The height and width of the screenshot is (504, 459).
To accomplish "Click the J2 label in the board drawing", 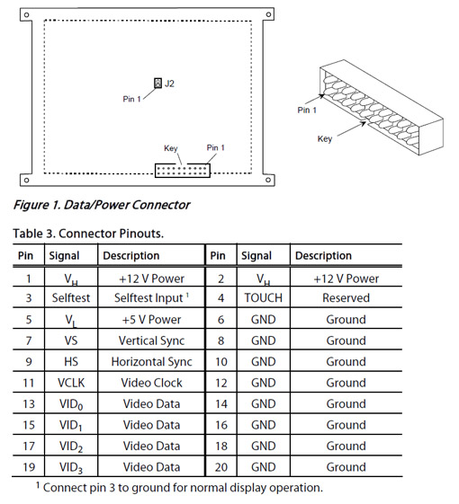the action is [169, 84].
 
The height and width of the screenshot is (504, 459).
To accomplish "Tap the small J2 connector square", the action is [157, 83].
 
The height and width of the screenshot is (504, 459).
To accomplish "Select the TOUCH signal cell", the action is [263, 297].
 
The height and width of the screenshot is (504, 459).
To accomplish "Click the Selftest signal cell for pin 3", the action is [71, 297].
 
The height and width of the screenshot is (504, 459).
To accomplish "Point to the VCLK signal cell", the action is [71, 383].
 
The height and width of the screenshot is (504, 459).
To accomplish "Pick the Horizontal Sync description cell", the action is [151, 362].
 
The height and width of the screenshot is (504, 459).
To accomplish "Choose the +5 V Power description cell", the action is [151, 319].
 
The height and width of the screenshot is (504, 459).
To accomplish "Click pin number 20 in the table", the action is [221, 467].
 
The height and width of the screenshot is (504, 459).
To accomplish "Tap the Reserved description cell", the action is [346, 297].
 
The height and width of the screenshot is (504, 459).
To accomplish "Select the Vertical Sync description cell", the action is [151, 340].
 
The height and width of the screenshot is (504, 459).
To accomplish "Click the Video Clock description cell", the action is [151, 383].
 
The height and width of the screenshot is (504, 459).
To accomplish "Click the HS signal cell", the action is [71, 362].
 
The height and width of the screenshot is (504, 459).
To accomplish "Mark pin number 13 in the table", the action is [29, 403].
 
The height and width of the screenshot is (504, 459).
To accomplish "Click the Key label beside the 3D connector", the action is [325, 139].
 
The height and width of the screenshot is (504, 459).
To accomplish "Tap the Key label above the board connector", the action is [171, 148].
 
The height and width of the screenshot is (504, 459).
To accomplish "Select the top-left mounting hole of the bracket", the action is [26, 14].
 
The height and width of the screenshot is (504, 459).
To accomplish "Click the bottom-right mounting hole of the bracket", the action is [268, 180].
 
